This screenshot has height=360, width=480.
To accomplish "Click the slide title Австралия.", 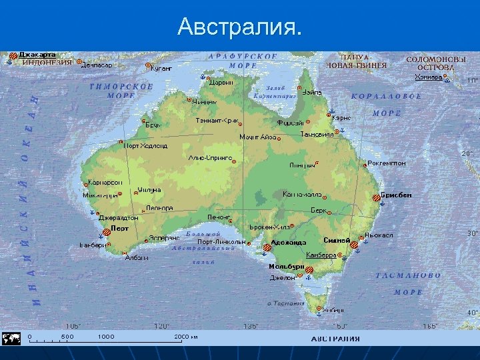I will point(240,27).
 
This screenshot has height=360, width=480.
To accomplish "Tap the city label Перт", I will point(120,228).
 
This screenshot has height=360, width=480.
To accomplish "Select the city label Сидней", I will point(337,239).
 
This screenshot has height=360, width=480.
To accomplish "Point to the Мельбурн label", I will point(287,267).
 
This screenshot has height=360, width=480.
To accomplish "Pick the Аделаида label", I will point(289,243).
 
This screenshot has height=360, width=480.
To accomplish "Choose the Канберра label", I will point(321,255).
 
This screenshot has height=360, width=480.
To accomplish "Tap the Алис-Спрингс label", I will point(210,158).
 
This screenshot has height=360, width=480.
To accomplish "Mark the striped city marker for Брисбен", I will point(376,197).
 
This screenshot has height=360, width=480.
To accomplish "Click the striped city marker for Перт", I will point(107,233).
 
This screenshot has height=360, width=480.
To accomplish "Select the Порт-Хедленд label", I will point(146,145).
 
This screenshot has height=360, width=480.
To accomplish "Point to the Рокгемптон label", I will point(387,163).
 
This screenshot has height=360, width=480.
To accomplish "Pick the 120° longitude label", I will point(162,326).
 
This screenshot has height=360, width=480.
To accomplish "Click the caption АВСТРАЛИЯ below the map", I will point(335,338).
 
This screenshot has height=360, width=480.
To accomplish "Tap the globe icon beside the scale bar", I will point(11,338).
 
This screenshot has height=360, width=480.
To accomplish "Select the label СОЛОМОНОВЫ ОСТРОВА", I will point(431,63).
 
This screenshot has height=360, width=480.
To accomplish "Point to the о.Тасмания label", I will point(287,303).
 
